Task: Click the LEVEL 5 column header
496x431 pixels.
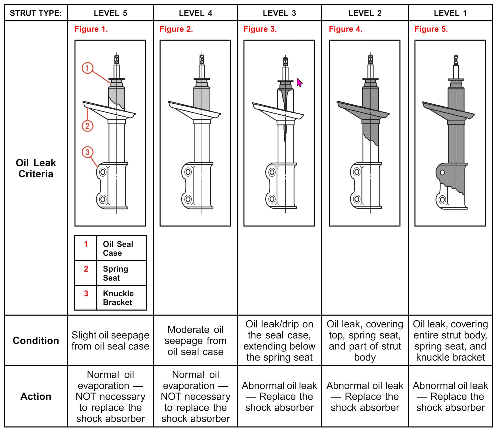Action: (x=110, y=13)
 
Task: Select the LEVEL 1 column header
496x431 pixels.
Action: (x=450, y=13)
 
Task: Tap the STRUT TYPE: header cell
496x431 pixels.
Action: (x=36, y=13)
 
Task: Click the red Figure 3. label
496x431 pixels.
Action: (x=260, y=29)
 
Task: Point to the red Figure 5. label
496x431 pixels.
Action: (x=431, y=29)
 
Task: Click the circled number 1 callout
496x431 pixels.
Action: (x=87, y=68)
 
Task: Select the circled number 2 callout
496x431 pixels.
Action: (x=87, y=126)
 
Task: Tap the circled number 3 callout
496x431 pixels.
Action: (x=87, y=152)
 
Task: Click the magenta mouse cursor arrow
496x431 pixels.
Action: (x=299, y=82)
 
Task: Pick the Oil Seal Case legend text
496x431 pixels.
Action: (x=118, y=248)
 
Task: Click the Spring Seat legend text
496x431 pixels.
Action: (x=115, y=273)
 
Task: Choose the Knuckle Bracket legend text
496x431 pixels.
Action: (x=118, y=298)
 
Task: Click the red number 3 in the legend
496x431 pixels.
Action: (x=86, y=293)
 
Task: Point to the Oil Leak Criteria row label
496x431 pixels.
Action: (x=36, y=168)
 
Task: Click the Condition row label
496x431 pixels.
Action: (x=36, y=340)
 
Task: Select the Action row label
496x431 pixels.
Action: (x=36, y=396)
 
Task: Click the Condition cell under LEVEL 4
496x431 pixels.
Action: (x=196, y=340)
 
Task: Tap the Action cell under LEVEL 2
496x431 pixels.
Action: (x=365, y=396)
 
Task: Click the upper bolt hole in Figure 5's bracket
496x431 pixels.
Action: (x=442, y=173)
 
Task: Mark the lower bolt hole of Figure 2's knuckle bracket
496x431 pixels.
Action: (x=188, y=199)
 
